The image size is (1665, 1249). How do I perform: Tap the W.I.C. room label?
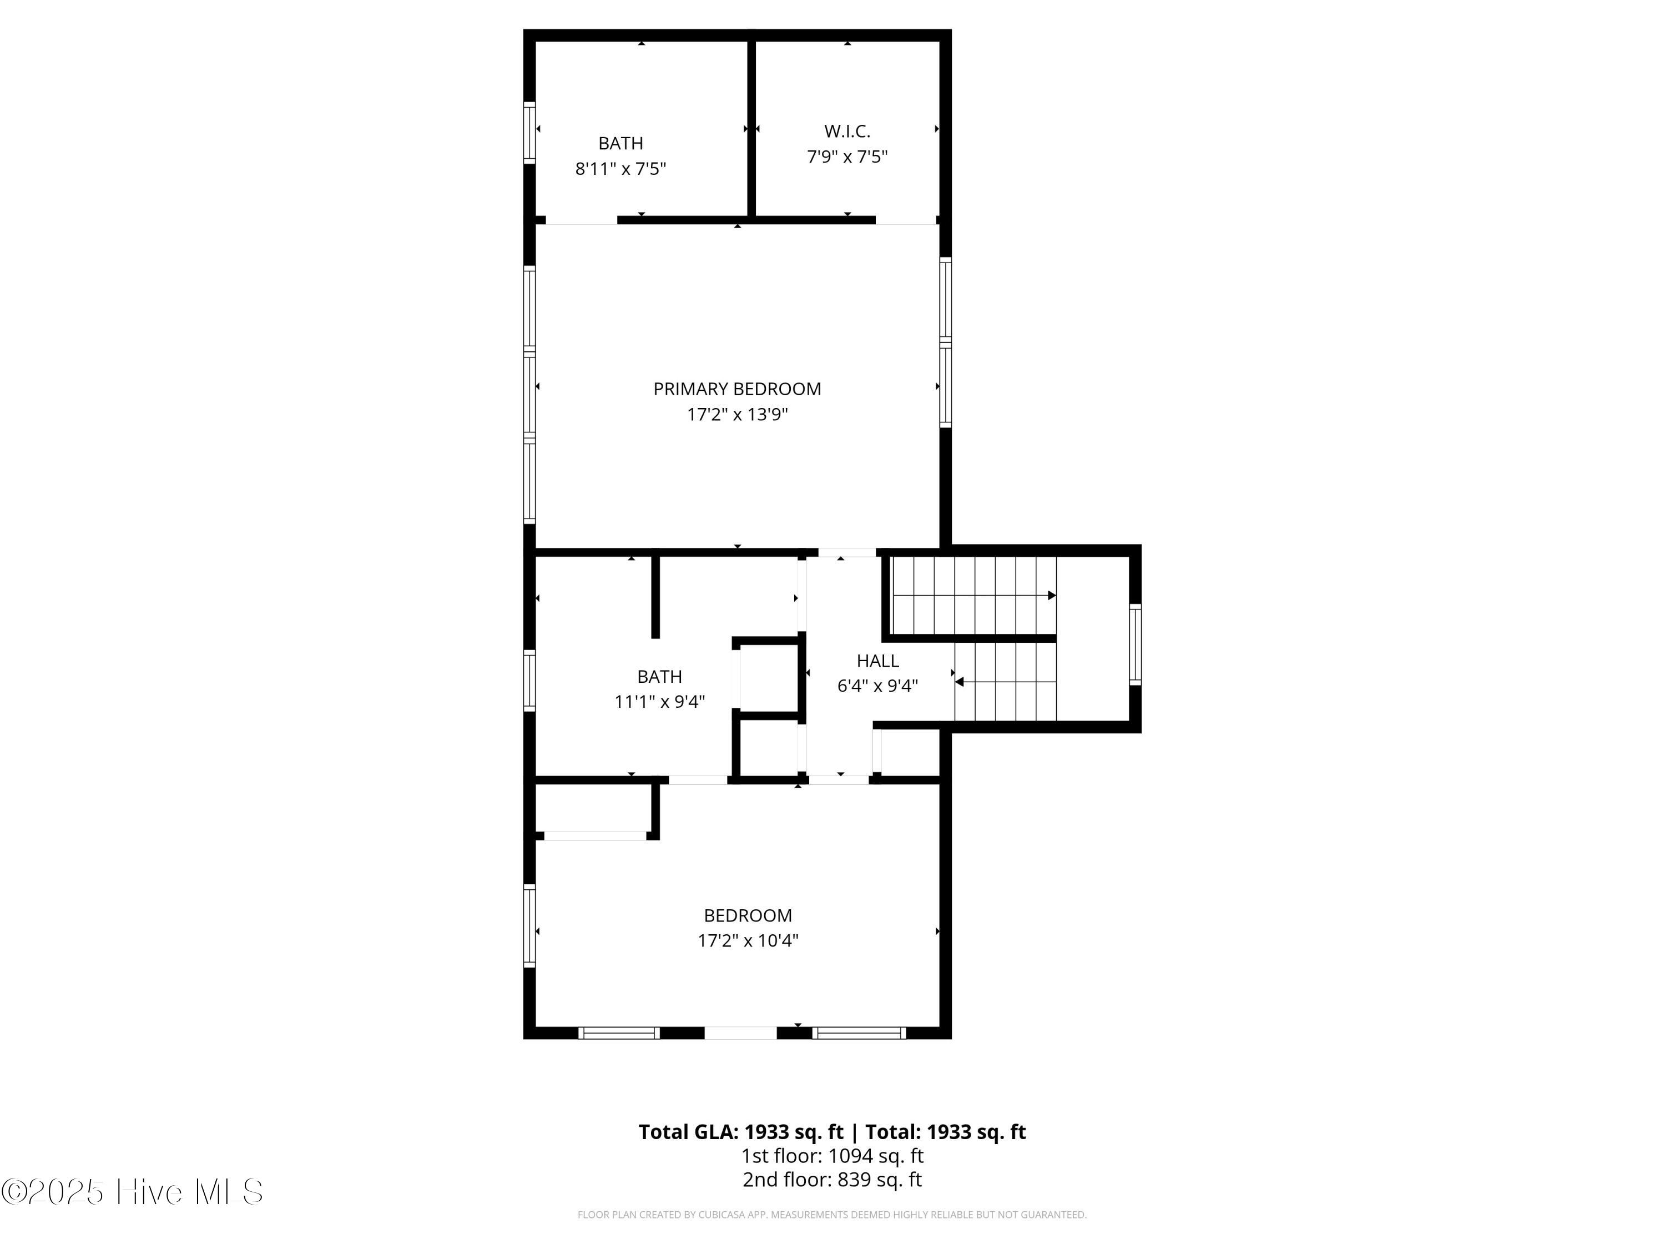(847, 131)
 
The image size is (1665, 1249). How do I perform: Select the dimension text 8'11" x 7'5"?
(620, 169)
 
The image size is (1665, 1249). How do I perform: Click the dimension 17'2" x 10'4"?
(748, 940)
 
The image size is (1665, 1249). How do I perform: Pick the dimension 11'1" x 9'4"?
(659, 702)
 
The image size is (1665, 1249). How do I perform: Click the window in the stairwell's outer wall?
(1134, 644)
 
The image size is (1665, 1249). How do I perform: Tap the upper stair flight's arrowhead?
(1052, 596)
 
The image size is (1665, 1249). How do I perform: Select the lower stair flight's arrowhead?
(960, 682)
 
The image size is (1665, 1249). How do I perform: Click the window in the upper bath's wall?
(529, 133)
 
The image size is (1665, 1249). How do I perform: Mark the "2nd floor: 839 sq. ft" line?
(832, 1180)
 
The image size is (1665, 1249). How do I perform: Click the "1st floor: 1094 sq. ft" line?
(832, 1156)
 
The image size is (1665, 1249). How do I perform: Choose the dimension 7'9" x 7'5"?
(847, 157)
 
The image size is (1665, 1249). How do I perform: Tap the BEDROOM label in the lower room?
(748, 915)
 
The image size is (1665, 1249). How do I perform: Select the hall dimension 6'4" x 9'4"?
(877, 686)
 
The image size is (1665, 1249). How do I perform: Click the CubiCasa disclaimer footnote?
(832, 1215)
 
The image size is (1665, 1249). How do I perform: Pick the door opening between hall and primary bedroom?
(847, 552)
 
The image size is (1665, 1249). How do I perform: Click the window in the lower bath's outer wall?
(529, 680)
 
